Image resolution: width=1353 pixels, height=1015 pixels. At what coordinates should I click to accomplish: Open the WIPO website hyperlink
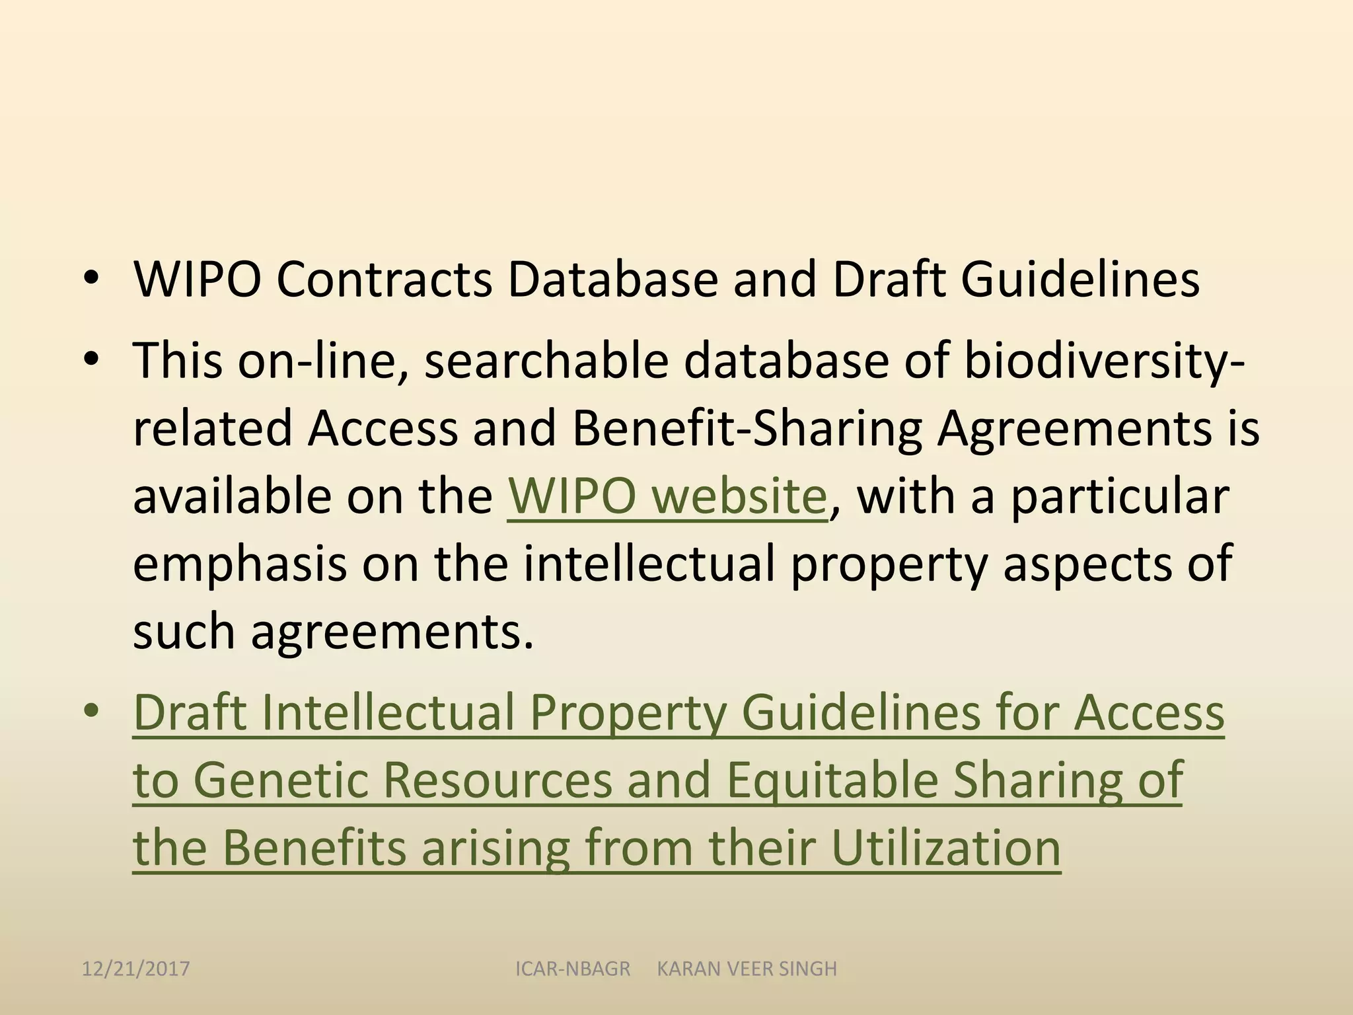[667, 496]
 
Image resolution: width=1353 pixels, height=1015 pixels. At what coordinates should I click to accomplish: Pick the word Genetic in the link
[280, 780]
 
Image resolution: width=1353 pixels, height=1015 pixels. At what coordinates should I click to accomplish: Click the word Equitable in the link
[832, 780]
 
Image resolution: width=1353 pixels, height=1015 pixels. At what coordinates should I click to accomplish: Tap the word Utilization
[945, 848]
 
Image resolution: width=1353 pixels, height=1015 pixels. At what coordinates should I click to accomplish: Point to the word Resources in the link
[497, 780]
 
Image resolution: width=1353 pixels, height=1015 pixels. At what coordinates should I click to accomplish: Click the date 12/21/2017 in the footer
[135, 969]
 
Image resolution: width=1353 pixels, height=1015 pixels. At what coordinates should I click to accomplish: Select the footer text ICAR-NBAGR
[573, 969]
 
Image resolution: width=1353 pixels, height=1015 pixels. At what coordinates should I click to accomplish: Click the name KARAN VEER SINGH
[747, 969]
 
